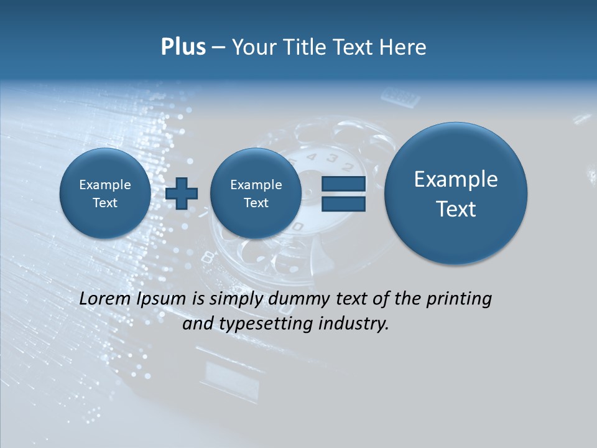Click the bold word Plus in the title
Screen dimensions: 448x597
[x=183, y=47]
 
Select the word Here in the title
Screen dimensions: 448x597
[x=402, y=47]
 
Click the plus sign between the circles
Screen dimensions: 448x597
[x=182, y=194]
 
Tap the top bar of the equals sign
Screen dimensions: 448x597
[x=343, y=184]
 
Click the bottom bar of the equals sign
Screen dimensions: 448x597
[x=343, y=203]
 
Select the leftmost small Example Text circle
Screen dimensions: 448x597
[x=104, y=194]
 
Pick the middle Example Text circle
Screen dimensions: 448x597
[x=256, y=194]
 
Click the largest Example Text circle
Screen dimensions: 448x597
[x=456, y=194]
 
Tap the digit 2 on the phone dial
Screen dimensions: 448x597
[x=348, y=166]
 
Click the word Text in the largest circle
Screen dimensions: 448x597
[x=456, y=209]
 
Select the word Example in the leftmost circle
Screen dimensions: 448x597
[x=104, y=185]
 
